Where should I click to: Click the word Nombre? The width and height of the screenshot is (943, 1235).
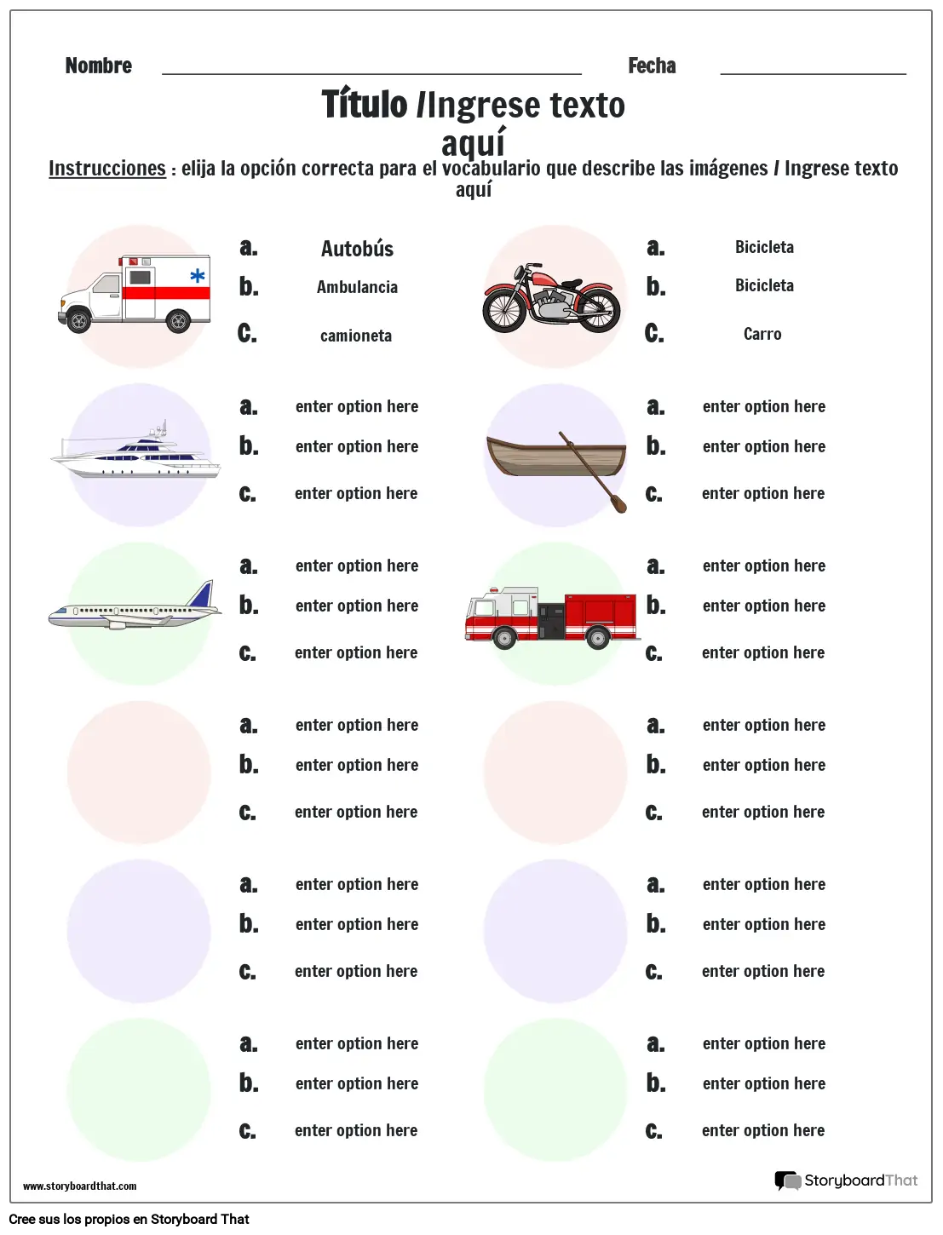(98, 66)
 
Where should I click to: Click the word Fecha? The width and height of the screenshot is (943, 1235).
(652, 66)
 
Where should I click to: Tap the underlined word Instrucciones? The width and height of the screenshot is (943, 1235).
(106, 169)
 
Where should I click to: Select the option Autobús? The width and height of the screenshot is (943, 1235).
(357, 249)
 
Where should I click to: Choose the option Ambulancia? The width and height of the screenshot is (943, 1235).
(357, 287)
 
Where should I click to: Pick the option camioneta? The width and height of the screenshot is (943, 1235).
(356, 336)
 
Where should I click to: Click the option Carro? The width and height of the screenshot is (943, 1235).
(762, 334)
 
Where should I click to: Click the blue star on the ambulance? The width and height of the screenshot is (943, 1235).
(197, 275)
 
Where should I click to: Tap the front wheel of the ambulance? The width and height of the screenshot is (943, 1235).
(79, 321)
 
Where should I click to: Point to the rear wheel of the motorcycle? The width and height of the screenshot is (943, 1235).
(598, 309)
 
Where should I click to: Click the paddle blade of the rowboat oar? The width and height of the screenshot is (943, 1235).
(618, 503)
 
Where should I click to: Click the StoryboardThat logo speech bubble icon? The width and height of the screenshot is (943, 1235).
(787, 1180)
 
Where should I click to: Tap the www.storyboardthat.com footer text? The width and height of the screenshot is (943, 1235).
(79, 1186)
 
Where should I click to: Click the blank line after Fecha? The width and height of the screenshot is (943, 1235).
(813, 72)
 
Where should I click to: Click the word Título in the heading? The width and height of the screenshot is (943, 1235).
(365, 105)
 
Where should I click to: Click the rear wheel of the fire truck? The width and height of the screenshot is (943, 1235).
(599, 637)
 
